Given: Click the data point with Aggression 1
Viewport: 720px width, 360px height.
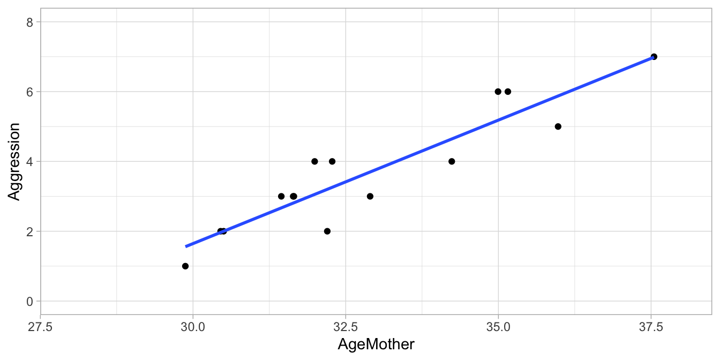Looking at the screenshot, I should click(185, 266).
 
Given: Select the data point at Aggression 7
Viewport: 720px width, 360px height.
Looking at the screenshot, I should click(654, 57).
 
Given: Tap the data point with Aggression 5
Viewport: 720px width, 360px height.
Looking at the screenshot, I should click(558, 126).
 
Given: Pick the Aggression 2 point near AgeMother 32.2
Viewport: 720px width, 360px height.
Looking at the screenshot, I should click(327, 231).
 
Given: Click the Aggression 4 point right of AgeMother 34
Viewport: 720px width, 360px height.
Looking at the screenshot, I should click(452, 161).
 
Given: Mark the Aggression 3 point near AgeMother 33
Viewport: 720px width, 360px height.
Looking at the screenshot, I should click(370, 196).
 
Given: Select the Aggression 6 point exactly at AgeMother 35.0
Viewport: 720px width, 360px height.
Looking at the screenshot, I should click(498, 92).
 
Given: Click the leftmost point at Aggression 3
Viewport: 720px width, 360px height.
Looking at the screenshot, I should click(281, 196).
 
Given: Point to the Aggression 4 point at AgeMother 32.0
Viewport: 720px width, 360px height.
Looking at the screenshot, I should click(314, 161).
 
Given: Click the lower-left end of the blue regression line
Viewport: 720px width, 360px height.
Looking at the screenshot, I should click(186, 246).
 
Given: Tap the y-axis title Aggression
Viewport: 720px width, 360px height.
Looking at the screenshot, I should click(14, 161).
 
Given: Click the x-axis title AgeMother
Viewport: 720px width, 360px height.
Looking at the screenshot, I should click(376, 344).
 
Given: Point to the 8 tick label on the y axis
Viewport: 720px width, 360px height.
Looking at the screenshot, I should click(30, 22).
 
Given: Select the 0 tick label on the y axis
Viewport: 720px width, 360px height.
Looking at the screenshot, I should click(30, 302).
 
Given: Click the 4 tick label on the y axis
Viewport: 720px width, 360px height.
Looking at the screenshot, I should click(30, 162).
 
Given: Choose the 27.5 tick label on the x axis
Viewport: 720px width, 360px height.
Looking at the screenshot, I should click(40, 326).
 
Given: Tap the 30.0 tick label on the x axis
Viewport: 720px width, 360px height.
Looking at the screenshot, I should click(193, 326).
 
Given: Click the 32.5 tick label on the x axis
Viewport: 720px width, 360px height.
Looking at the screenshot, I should click(346, 326).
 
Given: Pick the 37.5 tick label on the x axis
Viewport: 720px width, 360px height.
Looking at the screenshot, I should click(651, 326).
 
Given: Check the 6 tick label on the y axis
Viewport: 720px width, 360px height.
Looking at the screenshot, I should click(30, 92).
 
